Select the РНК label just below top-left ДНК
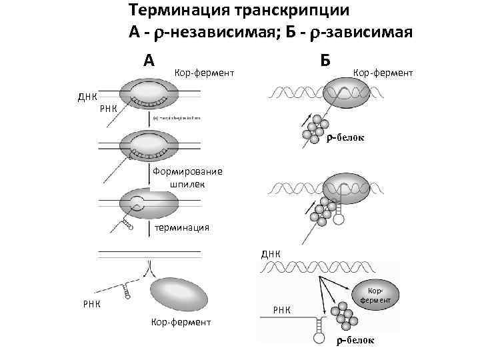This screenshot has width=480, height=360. coord(108,109)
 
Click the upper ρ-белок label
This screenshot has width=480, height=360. coord(345,138)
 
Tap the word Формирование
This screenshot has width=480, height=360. coord(187,171)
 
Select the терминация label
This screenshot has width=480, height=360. coord(181,227)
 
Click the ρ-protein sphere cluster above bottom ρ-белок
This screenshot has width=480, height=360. coord(344,314)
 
